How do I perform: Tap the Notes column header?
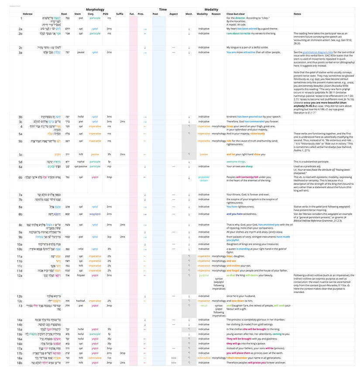click(x=298, y=14)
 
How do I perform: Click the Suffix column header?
click(x=120, y=14)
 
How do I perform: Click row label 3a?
click(x=21, y=52)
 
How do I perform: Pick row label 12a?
click(x=20, y=276)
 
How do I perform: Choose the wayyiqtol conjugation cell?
click(x=95, y=214)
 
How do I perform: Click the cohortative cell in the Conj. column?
click(x=95, y=358)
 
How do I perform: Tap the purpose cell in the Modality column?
click(x=204, y=276)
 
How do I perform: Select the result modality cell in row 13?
click(x=204, y=306)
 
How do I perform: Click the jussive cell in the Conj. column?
click(x=95, y=154)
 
